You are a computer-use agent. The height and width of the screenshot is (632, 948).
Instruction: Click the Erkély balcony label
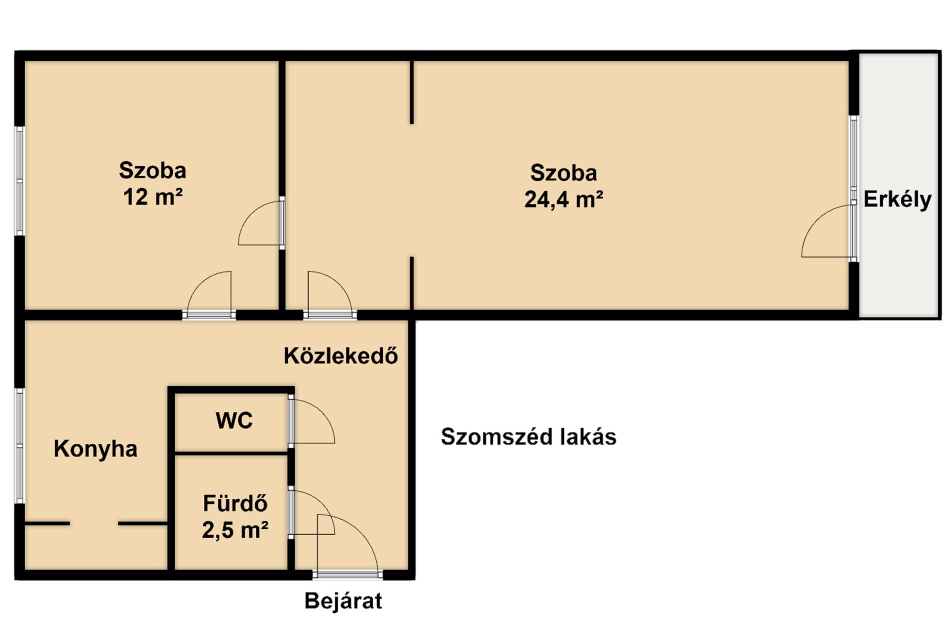[x=897, y=199]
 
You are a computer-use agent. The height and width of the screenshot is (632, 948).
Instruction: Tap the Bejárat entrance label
[x=343, y=601]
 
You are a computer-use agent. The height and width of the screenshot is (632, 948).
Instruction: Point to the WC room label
[x=234, y=420]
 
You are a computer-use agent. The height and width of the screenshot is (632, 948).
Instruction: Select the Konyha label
[x=95, y=449]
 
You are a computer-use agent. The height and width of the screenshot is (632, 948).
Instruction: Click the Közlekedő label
[x=341, y=355]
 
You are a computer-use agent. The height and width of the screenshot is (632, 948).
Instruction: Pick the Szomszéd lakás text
[x=528, y=437]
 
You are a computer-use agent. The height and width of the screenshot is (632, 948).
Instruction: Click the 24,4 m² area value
[x=563, y=199]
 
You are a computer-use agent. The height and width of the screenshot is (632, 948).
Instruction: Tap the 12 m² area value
[x=153, y=197]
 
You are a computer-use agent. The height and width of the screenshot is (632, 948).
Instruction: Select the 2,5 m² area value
[x=235, y=530]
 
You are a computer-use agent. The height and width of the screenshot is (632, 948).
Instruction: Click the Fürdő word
[x=235, y=504]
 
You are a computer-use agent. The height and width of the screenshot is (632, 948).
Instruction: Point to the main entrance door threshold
[x=348, y=574]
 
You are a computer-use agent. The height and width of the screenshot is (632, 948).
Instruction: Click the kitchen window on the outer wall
[x=20, y=445]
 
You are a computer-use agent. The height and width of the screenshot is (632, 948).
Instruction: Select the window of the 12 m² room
[x=20, y=181]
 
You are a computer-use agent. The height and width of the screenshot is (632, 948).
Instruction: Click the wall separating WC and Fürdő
[x=232, y=453]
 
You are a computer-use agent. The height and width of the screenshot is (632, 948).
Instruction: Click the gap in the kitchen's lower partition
[x=94, y=523]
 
